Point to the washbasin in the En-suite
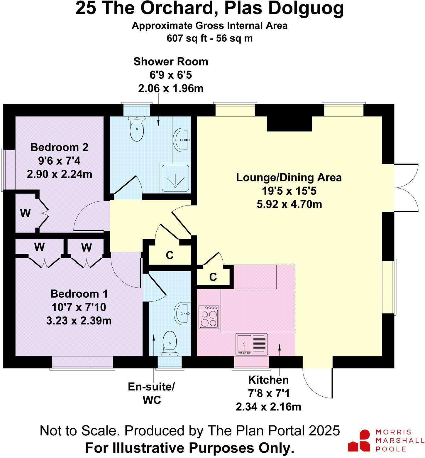182,313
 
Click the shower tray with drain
175,179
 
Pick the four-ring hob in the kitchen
209,317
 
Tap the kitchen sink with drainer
252,344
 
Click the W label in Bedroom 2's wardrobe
25,213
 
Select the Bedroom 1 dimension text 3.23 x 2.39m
79,321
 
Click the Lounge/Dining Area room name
289,178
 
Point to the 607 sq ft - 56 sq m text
209,38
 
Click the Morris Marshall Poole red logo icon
359,440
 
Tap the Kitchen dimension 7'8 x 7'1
268,393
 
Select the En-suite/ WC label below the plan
151,393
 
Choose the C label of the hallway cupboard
170,255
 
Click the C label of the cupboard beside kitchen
213,277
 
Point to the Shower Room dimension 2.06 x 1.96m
171,88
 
